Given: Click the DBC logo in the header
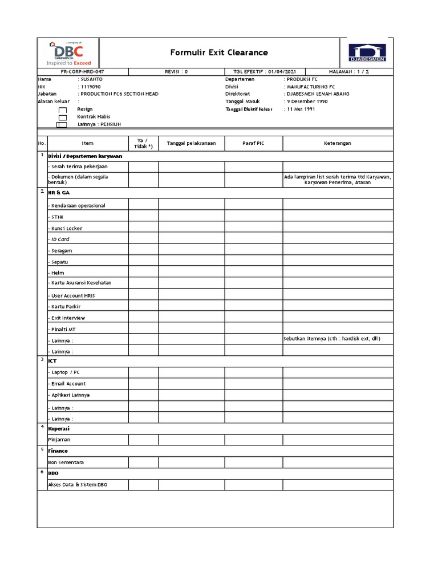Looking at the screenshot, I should [68, 53].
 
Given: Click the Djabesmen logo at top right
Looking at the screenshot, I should [367, 52].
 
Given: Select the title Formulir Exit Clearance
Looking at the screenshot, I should [219, 52].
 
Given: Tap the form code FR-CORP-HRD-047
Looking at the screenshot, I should [83, 72].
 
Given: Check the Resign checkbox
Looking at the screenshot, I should [63, 109].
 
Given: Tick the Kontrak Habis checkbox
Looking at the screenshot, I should [63, 117].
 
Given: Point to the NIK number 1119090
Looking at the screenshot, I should [90, 86].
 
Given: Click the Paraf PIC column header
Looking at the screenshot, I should [254, 143].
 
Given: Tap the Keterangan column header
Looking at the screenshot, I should [338, 143].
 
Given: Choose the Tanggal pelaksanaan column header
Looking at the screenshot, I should [191, 143].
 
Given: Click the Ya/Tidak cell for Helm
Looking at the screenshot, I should [143, 273].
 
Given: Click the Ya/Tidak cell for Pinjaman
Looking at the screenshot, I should [143, 440].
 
